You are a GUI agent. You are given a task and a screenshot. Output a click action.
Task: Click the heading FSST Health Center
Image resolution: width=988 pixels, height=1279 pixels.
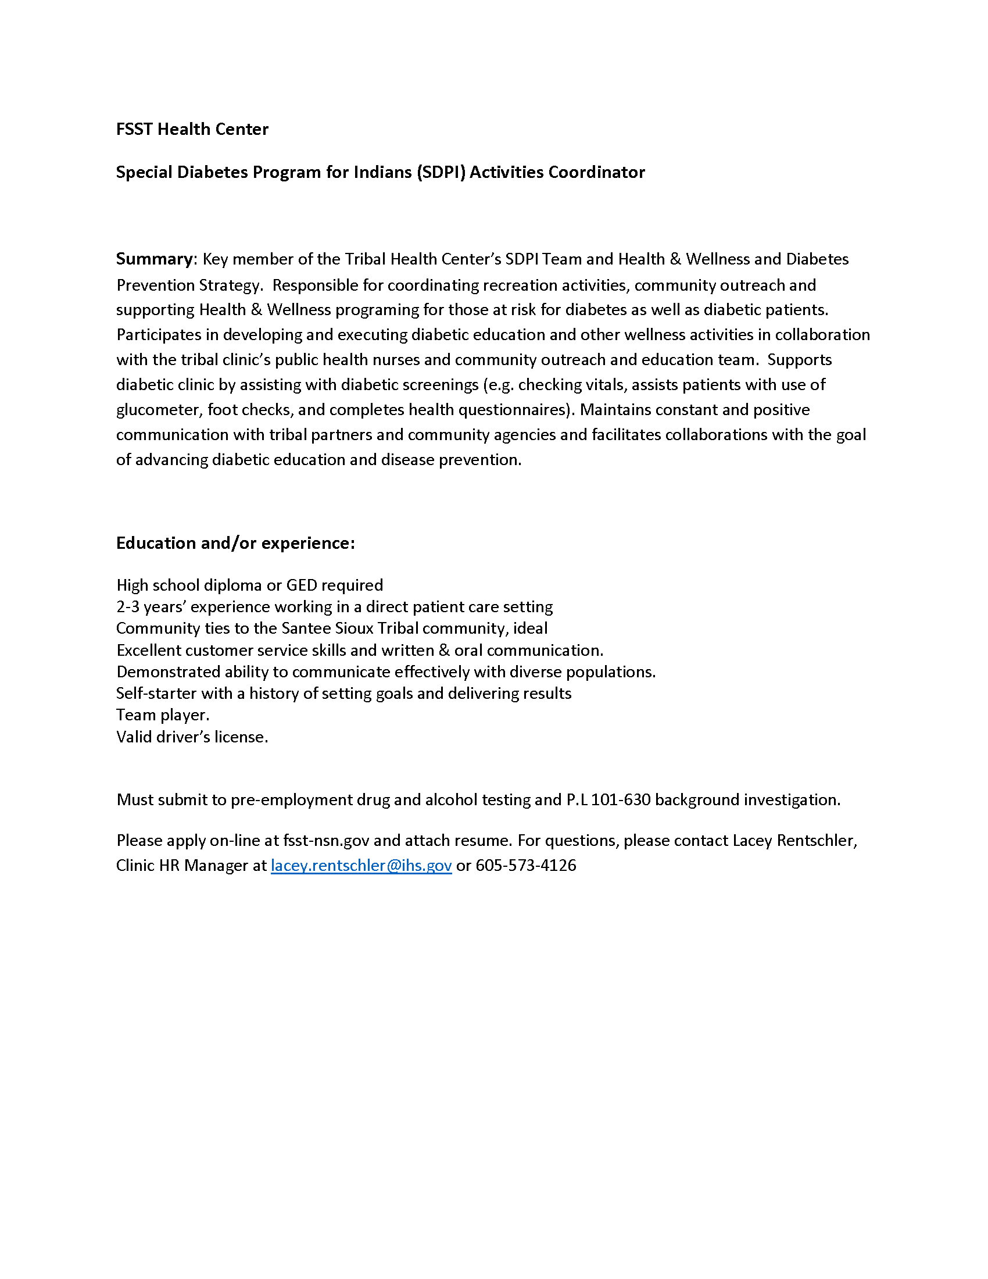coord(192,129)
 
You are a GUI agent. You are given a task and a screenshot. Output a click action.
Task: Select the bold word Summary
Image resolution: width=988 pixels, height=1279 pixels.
coord(154,259)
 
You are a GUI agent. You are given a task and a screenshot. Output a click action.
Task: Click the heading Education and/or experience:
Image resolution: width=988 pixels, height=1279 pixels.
coord(235,543)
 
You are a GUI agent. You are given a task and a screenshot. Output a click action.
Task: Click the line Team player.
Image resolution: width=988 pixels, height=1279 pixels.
coord(163,715)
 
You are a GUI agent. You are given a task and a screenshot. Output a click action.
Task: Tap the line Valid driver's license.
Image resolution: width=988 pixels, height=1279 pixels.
coord(192,737)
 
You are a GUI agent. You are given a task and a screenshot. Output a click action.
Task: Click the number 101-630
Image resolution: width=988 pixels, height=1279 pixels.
coord(621,800)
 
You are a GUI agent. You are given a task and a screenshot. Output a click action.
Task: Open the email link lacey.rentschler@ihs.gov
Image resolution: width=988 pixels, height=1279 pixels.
coord(361,866)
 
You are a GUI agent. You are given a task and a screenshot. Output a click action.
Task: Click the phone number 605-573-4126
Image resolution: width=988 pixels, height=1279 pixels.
coord(525,866)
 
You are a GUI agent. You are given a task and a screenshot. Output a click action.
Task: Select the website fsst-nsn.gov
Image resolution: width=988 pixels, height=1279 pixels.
coord(326,841)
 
